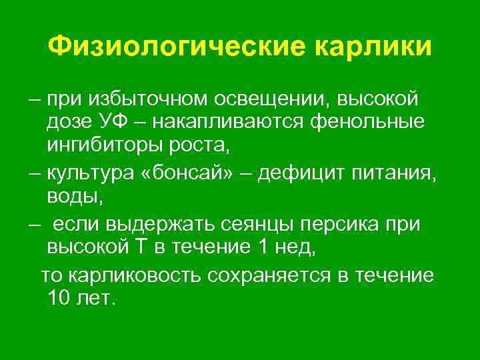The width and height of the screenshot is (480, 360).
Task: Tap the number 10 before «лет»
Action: coord(59,299)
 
